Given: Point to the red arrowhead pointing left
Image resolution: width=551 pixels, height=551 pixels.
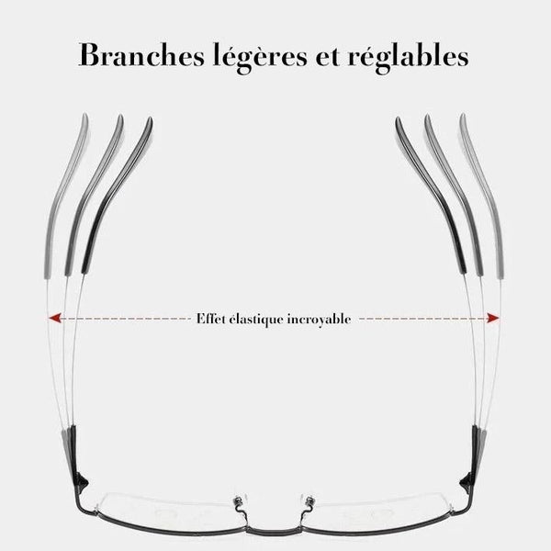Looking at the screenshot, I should click(55, 319).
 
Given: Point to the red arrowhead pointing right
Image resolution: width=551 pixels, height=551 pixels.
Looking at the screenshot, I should click(494, 319).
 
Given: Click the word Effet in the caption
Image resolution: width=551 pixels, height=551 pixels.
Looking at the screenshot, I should click(212, 320).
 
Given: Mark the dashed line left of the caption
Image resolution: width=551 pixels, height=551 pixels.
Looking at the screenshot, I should click(124, 319).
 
